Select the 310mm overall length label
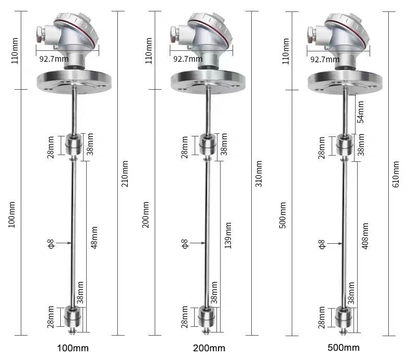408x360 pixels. [x=259, y=174]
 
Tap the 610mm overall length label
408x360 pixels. [x=396, y=174]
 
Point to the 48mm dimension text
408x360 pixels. [x=94, y=237]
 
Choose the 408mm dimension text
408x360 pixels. [x=365, y=237]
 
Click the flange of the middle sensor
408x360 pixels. [x=208, y=80]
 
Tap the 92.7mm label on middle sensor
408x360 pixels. [x=187, y=59]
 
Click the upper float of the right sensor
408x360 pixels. [x=343, y=145]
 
